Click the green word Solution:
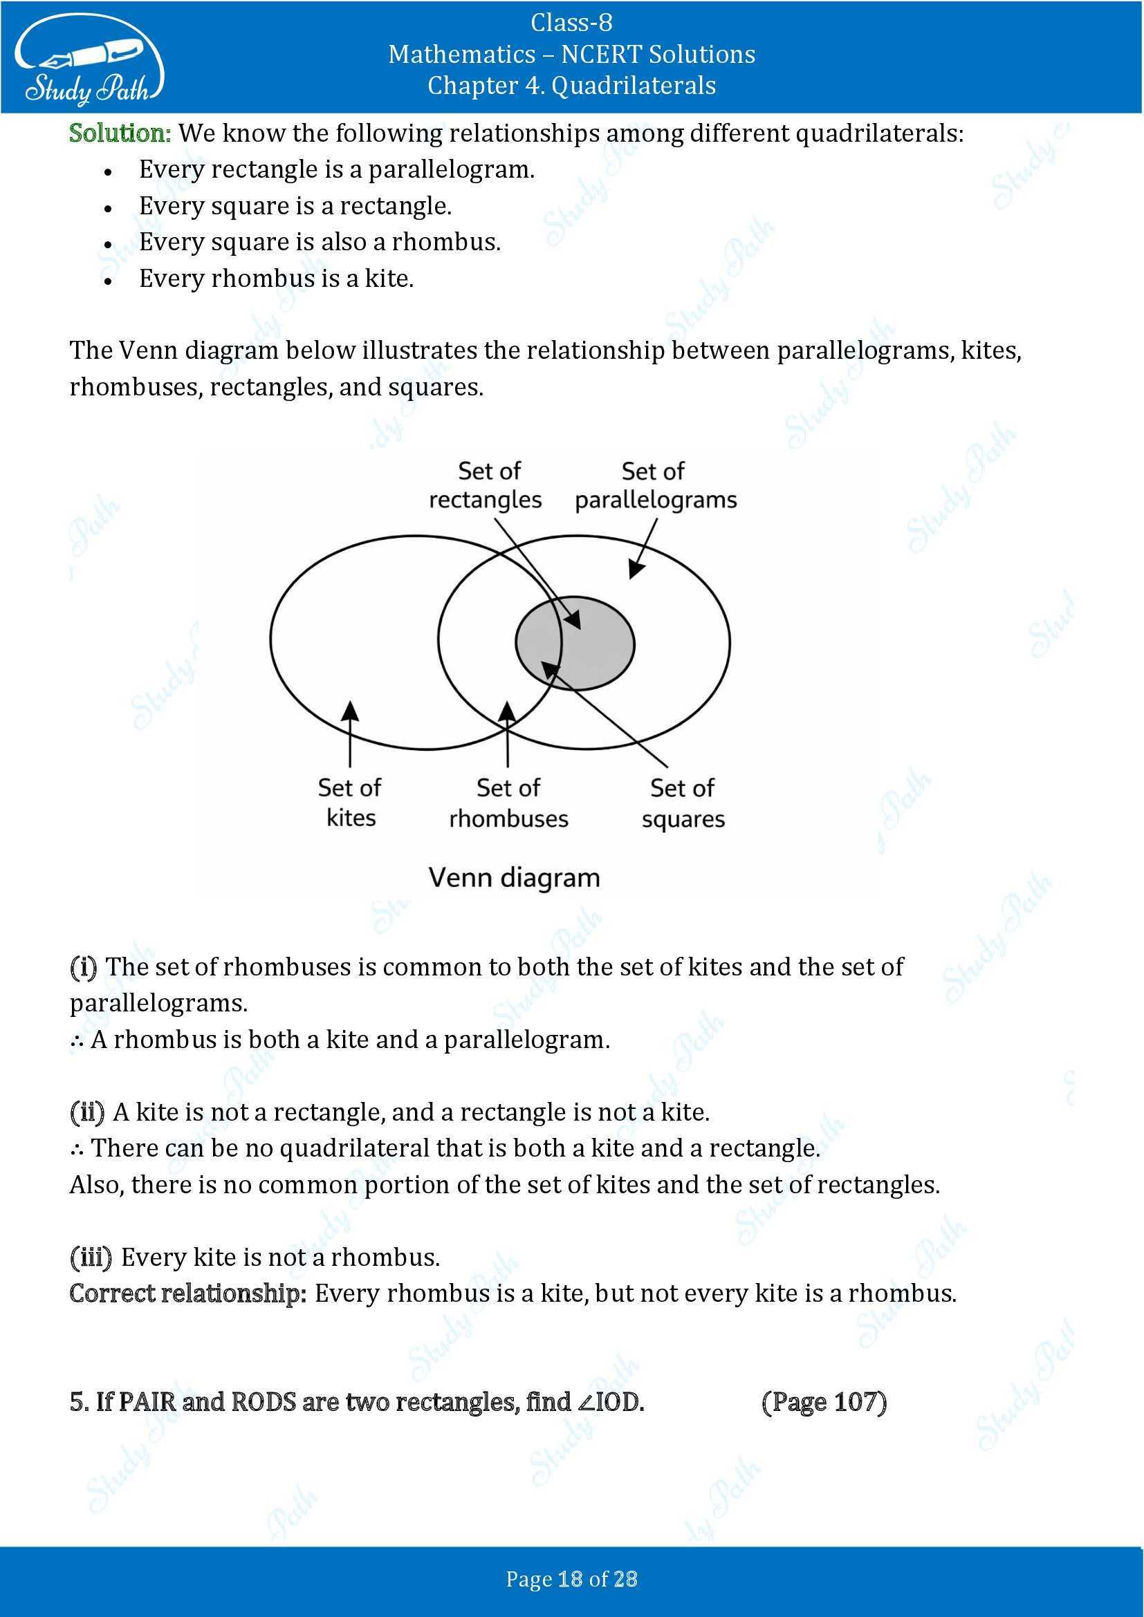tap(120, 133)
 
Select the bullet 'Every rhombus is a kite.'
tap(276, 278)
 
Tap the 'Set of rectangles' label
tap(486, 485)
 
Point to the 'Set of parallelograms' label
tap(655, 485)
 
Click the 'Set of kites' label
tap(350, 802)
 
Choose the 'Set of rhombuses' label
tap(508, 803)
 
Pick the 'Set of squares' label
tap(683, 803)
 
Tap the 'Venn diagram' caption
tap(514, 877)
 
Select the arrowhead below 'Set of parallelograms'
tap(635, 570)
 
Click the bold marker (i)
tap(83, 967)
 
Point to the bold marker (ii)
tap(87, 1112)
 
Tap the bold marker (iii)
tap(91, 1257)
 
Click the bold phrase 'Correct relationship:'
tap(188, 1293)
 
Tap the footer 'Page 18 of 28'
tap(571, 1579)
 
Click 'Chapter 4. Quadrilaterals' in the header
tap(571, 85)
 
